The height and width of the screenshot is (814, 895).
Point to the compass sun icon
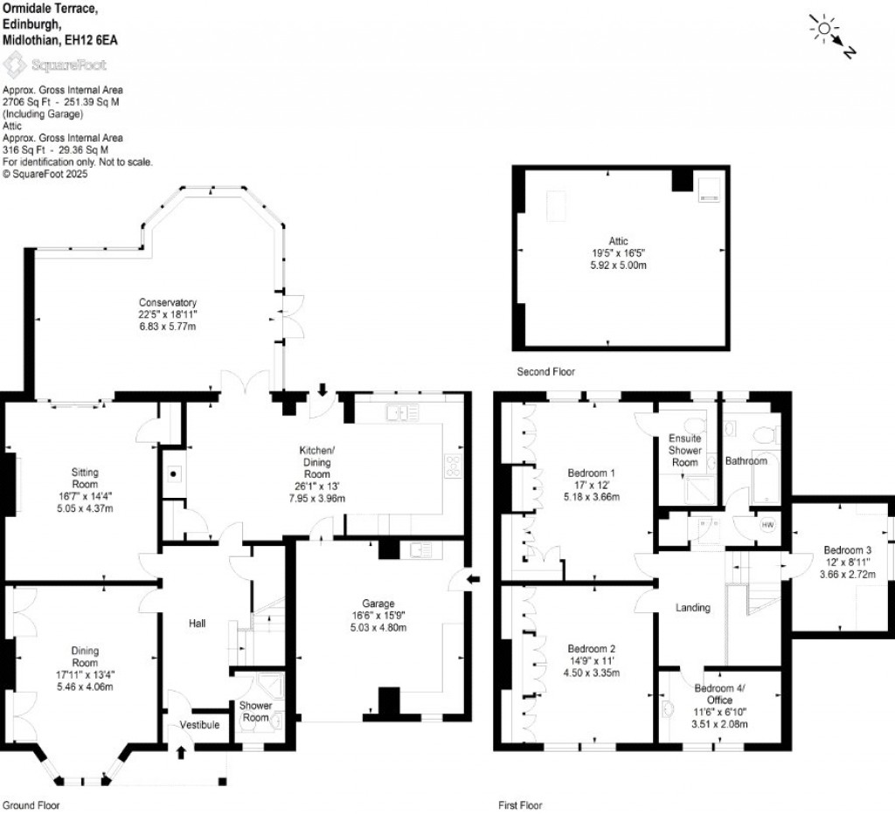(x=822, y=28)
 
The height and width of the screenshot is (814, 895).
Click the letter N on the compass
(x=849, y=52)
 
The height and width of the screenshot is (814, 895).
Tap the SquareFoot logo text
(x=69, y=65)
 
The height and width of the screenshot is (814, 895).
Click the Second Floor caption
(x=546, y=372)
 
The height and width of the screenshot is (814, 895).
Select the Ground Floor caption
(x=31, y=805)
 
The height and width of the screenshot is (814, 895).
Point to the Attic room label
(x=619, y=242)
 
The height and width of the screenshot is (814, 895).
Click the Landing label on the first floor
(x=692, y=608)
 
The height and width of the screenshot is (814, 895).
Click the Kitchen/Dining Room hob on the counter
(x=454, y=466)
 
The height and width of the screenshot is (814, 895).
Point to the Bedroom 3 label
(x=847, y=550)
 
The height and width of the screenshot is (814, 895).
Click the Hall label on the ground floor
(x=198, y=624)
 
